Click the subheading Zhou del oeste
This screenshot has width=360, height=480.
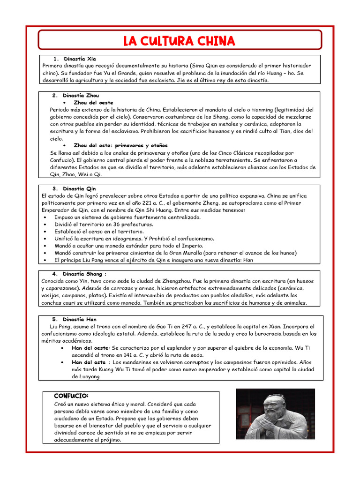93,102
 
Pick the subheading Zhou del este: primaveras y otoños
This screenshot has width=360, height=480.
120,145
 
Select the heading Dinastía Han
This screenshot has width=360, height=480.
79,319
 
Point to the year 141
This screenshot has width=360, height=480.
133,355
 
